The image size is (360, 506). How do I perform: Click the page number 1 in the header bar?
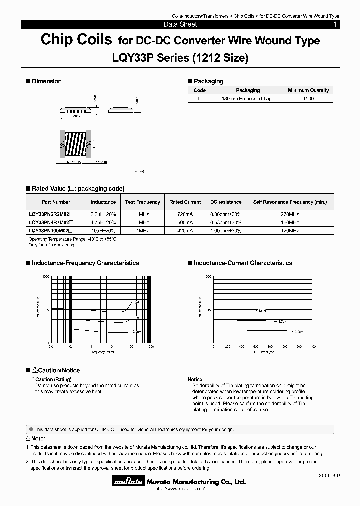(x=335, y=24)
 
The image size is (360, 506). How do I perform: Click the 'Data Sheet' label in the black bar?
(x=180, y=24)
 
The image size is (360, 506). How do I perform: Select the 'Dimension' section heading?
(x=46, y=81)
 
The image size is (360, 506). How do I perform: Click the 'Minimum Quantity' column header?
(x=308, y=90)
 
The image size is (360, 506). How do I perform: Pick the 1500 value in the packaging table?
(x=308, y=99)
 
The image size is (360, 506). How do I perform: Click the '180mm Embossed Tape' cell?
(x=248, y=99)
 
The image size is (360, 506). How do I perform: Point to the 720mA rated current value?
(x=185, y=213)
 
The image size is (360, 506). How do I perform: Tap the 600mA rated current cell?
(x=185, y=222)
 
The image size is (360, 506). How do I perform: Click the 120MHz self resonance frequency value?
(x=290, y=230)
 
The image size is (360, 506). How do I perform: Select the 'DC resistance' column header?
(x=226, y=202)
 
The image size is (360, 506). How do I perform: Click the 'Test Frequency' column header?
(x=143, y=202)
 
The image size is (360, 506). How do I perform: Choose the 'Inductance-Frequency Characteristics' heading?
(x=85, y=263)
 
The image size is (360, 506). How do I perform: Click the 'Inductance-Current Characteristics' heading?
(x=242, y=263)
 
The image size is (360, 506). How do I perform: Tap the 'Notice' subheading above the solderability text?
(x=195, y=380)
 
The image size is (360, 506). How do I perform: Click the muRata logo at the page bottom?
(x=128, y=482)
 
